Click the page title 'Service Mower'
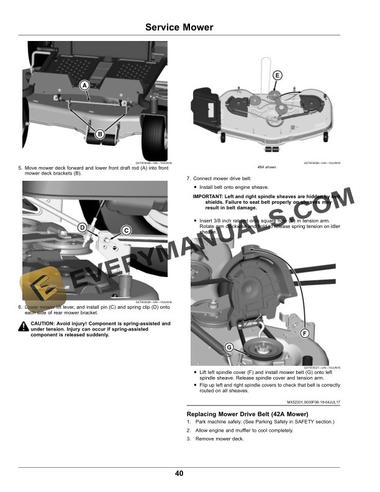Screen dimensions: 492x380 (x=179, y=27)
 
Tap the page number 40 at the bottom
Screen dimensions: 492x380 (x=179, y=474)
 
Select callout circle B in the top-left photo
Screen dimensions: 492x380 (x=99, y=134)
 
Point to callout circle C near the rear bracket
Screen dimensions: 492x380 (x=125, y=230)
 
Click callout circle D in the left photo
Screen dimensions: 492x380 (x=82, y=228)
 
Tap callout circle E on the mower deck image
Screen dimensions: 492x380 (x=277, y=75)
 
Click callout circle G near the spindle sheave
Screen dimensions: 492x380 (x=229, y=347)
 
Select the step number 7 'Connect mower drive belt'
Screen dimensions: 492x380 (x=188, y=179)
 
